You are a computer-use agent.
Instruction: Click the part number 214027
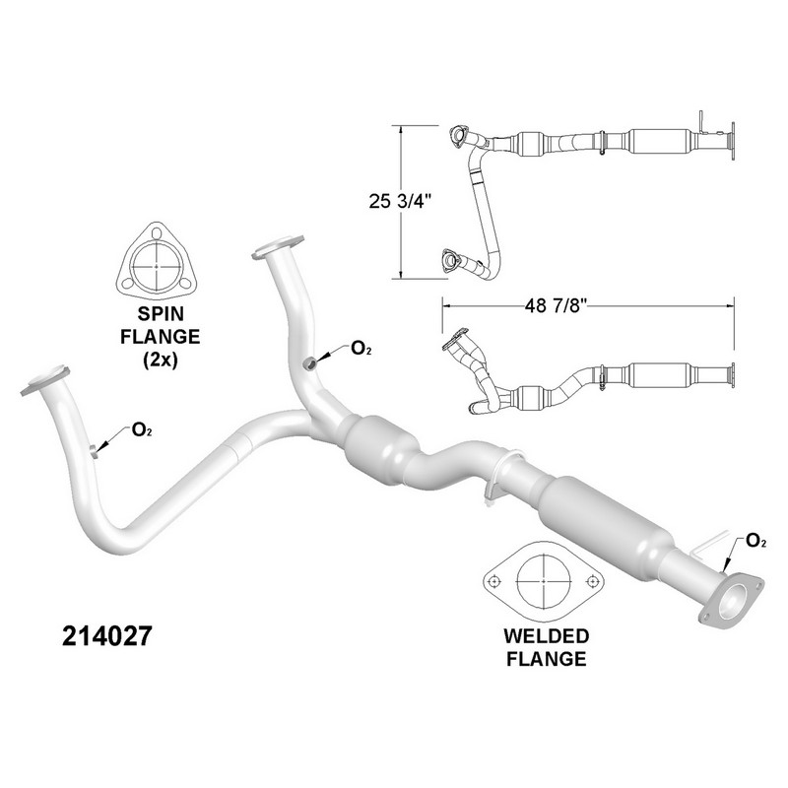pyautogui.click(x=107, y=635)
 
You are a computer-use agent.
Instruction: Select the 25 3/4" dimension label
pyautogui.click(x=401, y=201)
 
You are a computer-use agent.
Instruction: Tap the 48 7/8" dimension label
pyautogui.click(x=557, y=305)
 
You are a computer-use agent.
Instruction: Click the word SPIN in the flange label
pyautogui.click(x=161, y=313)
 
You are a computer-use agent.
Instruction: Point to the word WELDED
pyautogui.click(x=547, y=635)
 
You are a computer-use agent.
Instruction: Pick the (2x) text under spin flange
pyautogui.click(x=161, y=360)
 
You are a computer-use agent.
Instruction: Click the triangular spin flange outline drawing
pyautogui.click(x=157, y=261)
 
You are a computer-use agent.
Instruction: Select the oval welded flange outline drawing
pyautogui.click(x=544, y=581)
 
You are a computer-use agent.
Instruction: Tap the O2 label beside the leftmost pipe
pyautogui.click(x=142, y=430)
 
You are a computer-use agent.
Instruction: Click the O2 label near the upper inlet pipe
pyautogui.click(x=361, y=348)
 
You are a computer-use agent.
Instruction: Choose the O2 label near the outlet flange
pyautogui.click(x=755, y=541)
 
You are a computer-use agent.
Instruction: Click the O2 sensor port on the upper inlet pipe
pyautogui.click(x=310, y=363)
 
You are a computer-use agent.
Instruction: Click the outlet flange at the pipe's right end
pyautogui.click(x=732, y=601)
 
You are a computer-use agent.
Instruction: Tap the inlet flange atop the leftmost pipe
pyautogui.click(x=45, y=380)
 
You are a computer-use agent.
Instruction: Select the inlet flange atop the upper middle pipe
pyautogui.click(x=278, y=247)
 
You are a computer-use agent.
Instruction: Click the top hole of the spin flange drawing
pyautogui.click(x=157, y=233)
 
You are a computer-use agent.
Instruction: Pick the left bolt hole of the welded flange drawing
pyautogui.click(x=495, y=581)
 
